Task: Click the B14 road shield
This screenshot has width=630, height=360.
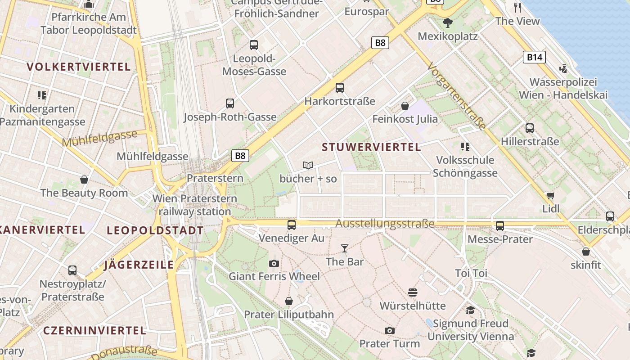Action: click(534, 57)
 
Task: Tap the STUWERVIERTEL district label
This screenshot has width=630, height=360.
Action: click(372, 147)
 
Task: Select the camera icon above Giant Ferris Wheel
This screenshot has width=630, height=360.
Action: click(274, 263)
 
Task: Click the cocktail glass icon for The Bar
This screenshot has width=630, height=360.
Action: click(345, 248)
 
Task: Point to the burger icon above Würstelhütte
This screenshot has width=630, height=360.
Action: click(413, 292)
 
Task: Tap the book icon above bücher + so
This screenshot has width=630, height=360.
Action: click(308, 166)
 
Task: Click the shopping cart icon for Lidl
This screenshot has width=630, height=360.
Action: click(550, 196)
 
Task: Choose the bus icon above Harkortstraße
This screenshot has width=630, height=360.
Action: click(340, 88)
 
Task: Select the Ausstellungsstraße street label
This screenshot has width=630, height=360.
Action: click(385, 224)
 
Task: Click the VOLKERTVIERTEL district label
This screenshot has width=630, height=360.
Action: click(79, 67)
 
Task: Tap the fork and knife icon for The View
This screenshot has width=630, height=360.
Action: click(517, 7)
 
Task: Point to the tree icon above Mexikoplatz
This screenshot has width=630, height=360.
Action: click(448, 22)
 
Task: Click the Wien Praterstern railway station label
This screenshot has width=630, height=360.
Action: click(195, 205)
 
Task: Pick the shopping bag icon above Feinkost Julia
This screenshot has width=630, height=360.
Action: click(405, 106)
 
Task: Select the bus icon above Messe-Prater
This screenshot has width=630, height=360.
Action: click(500, 225)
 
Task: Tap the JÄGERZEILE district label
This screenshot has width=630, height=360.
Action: click(139, 265)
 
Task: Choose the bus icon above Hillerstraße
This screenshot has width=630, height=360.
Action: click(530, 128)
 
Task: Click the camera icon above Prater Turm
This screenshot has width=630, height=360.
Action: click(390, 331)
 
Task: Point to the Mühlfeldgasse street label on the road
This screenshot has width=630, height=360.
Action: click(99, 138)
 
